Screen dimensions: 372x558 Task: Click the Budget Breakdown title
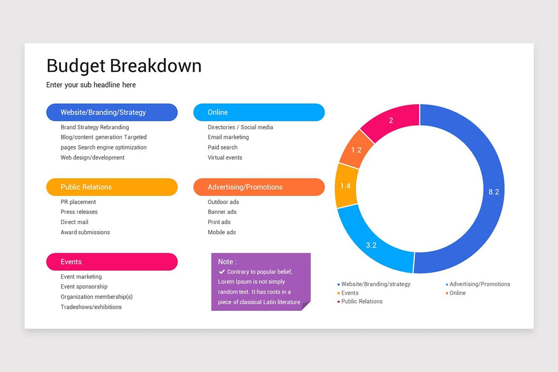(124, 66)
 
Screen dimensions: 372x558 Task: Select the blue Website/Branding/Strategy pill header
(112, 113)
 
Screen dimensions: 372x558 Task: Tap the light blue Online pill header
(259, 113)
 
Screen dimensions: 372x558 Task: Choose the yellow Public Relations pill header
(112, 187)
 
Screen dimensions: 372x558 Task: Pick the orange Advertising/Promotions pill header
(259, 187)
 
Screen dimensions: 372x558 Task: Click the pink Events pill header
(112, 262)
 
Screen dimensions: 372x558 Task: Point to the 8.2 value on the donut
(493, 192)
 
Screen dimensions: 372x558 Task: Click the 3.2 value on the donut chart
(371, 245)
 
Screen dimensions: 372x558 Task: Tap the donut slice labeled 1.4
(345, 186)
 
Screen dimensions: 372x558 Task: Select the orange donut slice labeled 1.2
(356, 150)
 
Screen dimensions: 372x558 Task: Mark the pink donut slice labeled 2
(391, 120)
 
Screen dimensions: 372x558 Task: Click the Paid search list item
(223, 147)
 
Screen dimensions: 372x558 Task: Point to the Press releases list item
(79, 212)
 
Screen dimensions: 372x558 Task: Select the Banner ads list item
(222, 212)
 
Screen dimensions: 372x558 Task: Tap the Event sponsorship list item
(84, 287)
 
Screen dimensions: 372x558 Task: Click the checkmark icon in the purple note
(222, 272)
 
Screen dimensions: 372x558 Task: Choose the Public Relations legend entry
(361, 301)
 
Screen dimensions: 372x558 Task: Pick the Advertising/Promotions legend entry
(479, 284)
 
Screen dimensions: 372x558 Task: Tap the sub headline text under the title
(91, 85)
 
